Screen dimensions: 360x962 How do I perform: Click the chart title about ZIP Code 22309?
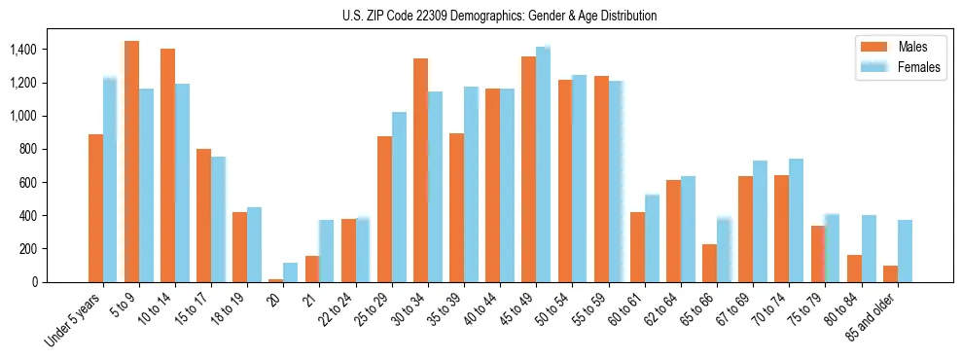[x=499, y=16]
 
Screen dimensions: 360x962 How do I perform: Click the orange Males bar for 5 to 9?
[x=131, y=162]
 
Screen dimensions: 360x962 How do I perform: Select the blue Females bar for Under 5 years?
[x=110, y=180]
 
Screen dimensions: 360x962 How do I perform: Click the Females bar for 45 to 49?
[x=543, y=164]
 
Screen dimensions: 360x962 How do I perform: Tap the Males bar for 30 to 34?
[x=420, y=170]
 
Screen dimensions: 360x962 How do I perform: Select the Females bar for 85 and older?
[x=905, y=251]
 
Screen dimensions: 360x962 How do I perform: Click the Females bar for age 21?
[x=327, y=251]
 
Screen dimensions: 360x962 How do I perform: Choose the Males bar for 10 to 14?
[x=167, y=165]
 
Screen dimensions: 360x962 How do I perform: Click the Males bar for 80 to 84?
[x=854, y=269]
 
